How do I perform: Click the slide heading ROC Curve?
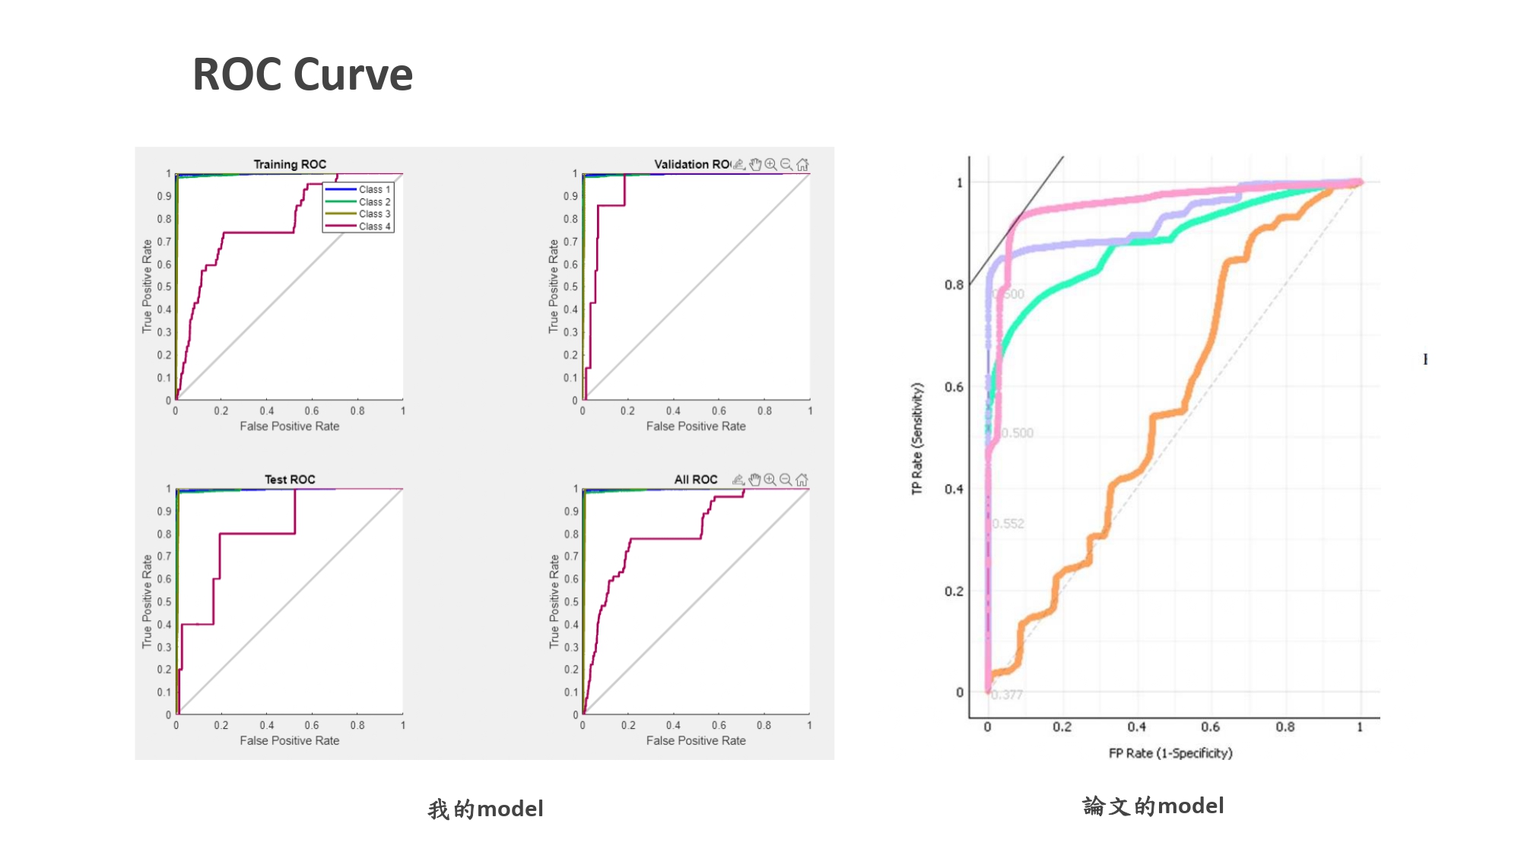pos(302,74)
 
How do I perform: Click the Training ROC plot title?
pos(290,164)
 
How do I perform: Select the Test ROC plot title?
pos(290,480)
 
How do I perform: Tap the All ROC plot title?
pos(696,480)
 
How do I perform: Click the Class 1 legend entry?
pos(374,189)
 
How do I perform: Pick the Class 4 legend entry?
pos(374,226)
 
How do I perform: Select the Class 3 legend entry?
pos(374,214)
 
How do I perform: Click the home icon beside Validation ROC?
pos(802,164)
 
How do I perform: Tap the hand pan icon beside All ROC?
pos(754,480)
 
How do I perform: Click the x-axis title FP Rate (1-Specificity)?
pos(1170,753)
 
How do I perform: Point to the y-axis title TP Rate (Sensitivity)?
pos(917,439)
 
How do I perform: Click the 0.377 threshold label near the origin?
pos(1008,695)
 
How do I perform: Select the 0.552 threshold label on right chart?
pos(1008,524)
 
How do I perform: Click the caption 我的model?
pos(485,809)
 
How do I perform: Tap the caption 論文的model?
pos(1153,806)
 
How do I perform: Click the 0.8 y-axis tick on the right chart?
pos(954,285)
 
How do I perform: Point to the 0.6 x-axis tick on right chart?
pos(1211,727)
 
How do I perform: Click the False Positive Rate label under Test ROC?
pos(290,741)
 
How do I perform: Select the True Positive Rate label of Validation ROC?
pos(554,287)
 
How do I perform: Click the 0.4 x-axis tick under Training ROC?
pos(267,411)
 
